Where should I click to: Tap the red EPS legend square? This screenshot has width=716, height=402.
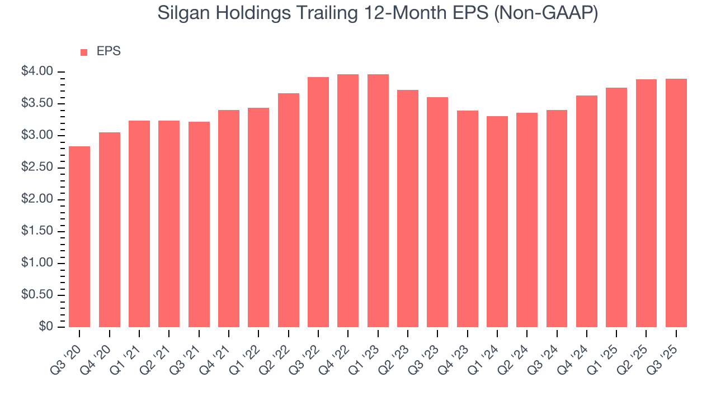[x=84, y=52]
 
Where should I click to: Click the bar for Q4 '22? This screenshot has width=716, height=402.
[x=348, y=201]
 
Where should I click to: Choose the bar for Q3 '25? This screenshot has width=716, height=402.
[x=676, y=203]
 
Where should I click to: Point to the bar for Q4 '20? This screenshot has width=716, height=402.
[x=110, y=229]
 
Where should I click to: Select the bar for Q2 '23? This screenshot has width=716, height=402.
[x=408, y=209]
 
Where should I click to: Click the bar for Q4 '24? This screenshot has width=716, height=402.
[x=587, y=212]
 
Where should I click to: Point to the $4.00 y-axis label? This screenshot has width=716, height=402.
[x=37, y=71]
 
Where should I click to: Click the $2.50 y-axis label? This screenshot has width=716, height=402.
[x=37, y=167]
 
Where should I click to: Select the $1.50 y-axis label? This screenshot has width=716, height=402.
[x=37, y=231]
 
